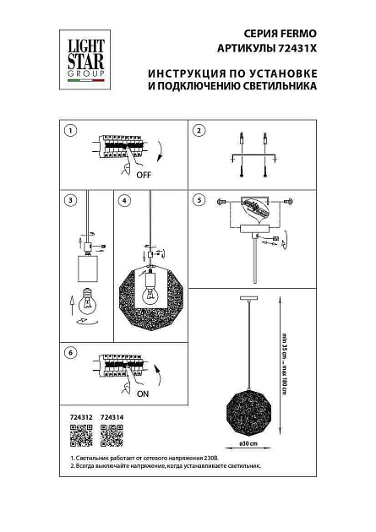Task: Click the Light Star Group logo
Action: point(81,56)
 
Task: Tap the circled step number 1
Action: point(72,131)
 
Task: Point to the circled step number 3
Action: point(72,201)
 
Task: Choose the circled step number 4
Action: point(124,201)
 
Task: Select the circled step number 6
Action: point(72,352)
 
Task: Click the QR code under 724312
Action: point(77,436)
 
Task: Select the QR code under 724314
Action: point(112,436)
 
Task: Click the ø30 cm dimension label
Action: point(248,444)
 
